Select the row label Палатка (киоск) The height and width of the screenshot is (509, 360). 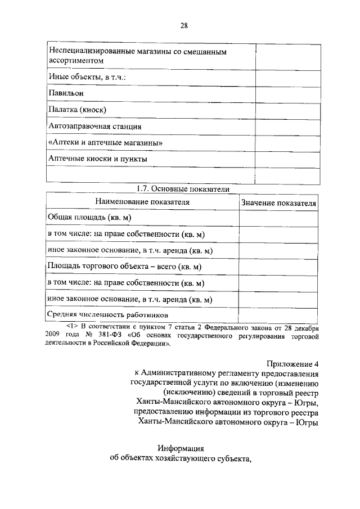(x=77, y=109)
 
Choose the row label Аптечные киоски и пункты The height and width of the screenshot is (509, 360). (x=98, y=159)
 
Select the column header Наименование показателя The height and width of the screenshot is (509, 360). (x=142, y=201)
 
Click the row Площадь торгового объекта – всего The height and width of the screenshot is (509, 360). (x=125, y=266)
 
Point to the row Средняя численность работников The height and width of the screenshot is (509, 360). (x=108, y=315)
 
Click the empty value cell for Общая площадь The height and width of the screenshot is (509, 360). (x=278, y=218)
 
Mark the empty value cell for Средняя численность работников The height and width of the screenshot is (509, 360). (x=278, y=314)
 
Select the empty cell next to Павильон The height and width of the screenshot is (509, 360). (x=288, y=92)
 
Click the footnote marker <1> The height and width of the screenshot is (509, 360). (x=72, y=326)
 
